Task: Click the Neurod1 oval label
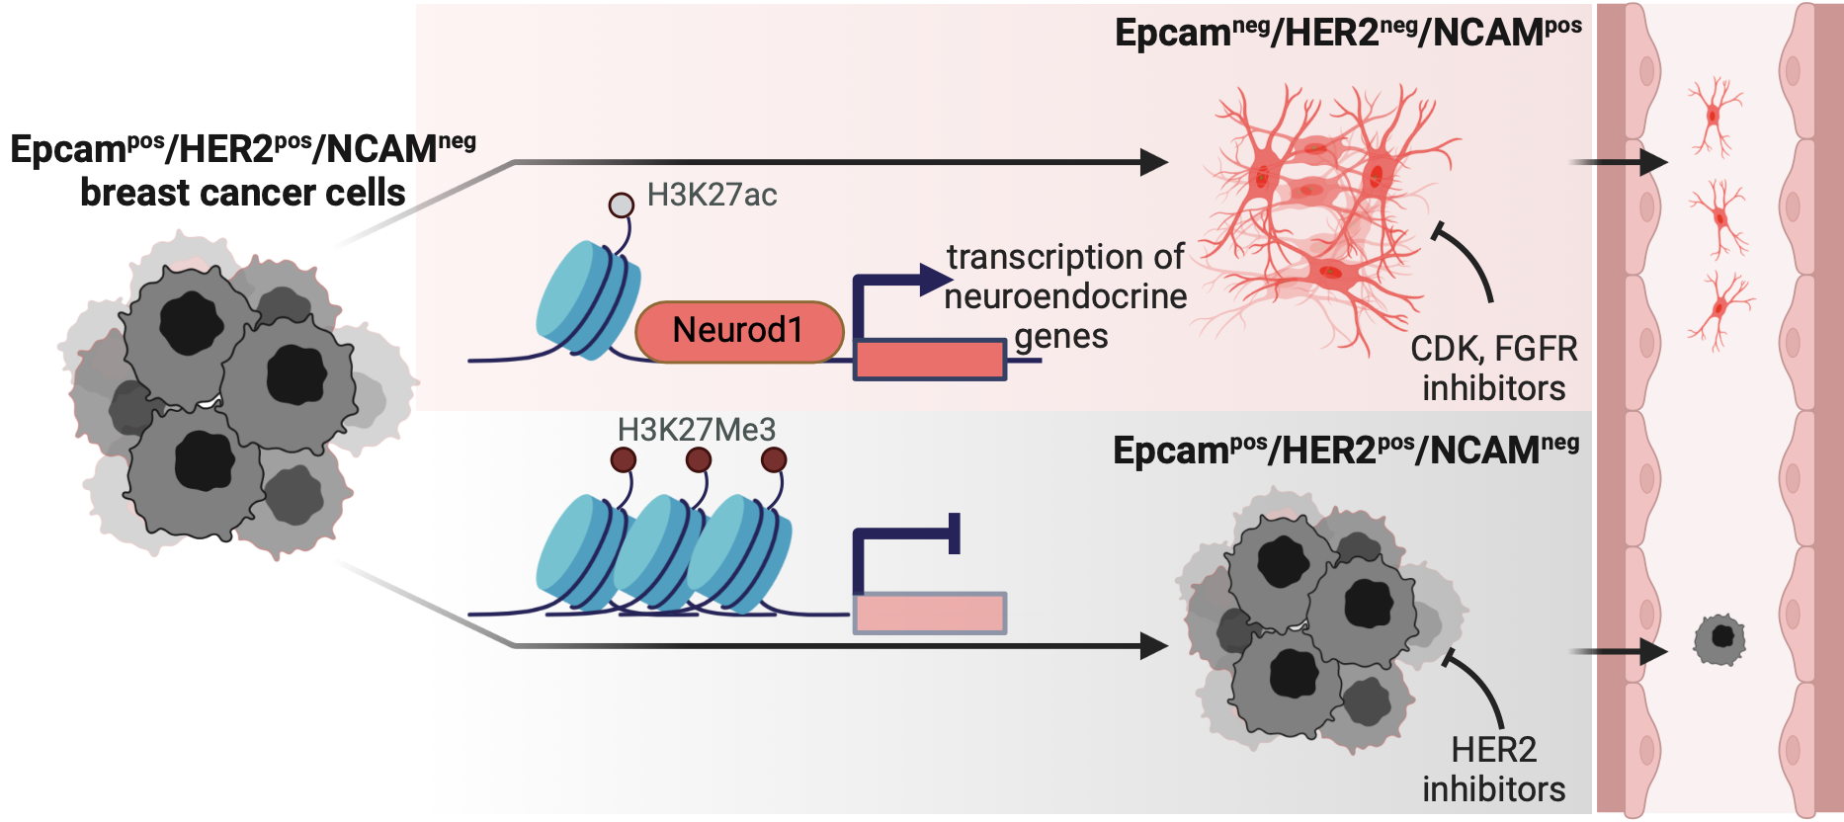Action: (738, 331)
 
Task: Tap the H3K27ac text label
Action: (712, 196)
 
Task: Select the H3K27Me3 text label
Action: (696, 430)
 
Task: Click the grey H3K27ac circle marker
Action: (621, 205)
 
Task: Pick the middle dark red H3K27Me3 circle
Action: (699, 459)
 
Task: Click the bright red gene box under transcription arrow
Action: (929, 360)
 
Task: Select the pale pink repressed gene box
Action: (929, 614)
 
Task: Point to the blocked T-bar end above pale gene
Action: (955, 534)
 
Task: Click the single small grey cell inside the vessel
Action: (1719, 639)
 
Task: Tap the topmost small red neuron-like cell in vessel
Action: (1715, 117)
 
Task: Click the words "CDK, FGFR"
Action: (1493, 349)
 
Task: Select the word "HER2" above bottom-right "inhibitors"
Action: (1493, 751)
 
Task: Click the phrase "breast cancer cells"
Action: (243, 193)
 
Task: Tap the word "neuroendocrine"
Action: (1065, 296)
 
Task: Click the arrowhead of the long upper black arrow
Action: (1154, 162)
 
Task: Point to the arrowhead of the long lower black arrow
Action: (1154, 646)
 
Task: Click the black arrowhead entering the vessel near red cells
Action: (1653, 162)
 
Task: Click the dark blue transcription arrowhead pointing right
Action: (935, 280)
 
